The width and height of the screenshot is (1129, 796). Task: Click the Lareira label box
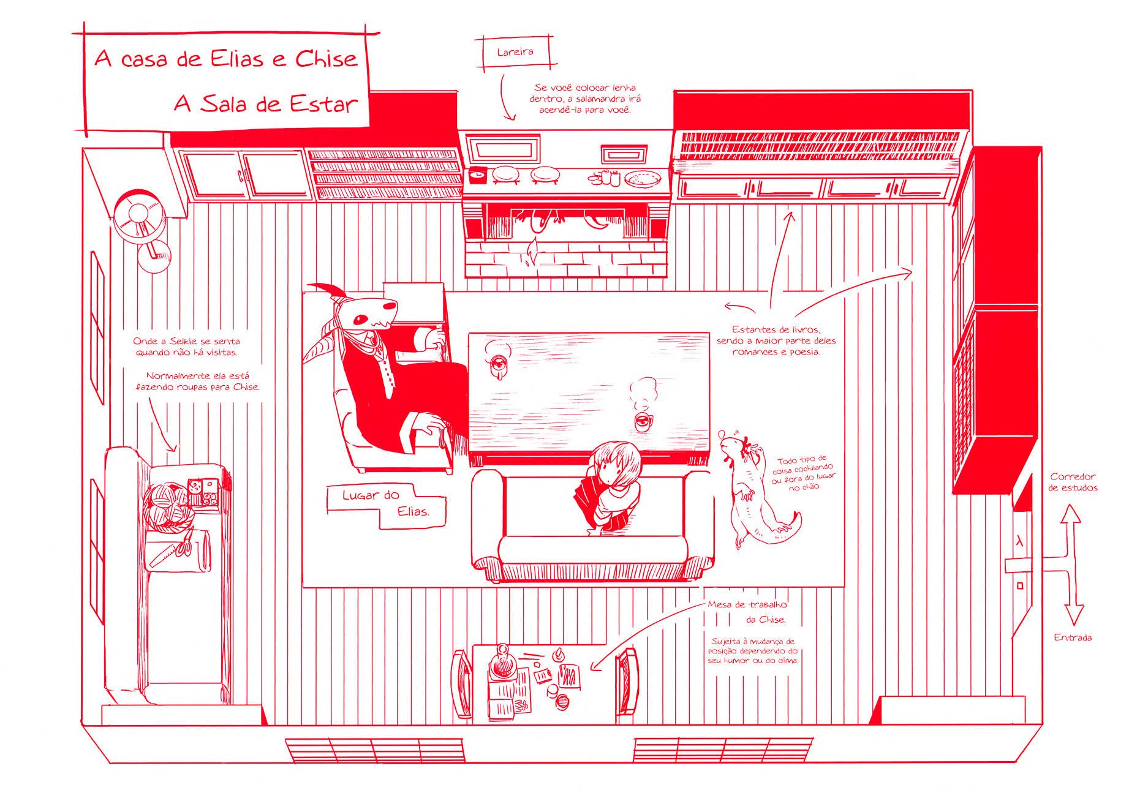515,52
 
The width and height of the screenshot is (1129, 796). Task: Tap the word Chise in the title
327,59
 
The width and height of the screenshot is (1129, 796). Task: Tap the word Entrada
1073,637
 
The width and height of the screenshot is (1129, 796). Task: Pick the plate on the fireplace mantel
643,178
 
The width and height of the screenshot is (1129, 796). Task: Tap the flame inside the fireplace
532,252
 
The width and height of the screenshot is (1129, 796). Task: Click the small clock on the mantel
477,175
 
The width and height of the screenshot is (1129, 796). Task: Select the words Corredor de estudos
1073,482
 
